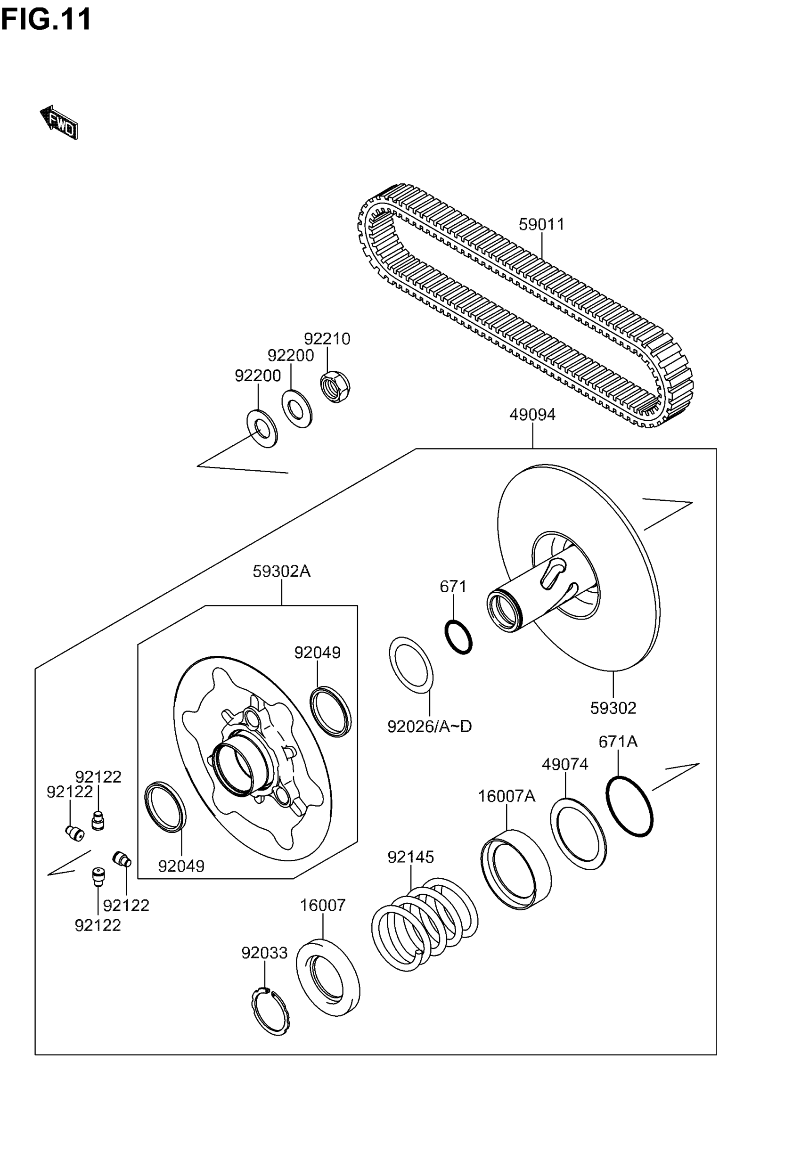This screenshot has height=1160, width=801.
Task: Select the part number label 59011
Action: click(x=541, y=224)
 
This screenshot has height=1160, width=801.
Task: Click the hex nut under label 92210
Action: click(x=335, y=386)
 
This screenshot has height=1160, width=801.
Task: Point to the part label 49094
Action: click(x=532, y=415)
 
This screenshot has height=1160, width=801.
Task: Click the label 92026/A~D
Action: click(x=430, y=726)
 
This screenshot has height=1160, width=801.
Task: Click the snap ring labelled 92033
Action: click(x=270, y=1011)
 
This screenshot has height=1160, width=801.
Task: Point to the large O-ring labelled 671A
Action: click(x=629, y=806)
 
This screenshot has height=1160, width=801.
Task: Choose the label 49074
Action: click(x=564, y=764)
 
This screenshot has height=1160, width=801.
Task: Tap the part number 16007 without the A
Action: click(x=323, y=905)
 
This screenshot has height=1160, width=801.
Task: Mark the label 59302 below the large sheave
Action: click(x=613, y=708)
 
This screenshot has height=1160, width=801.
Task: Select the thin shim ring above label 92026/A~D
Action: click(x=411, y=665)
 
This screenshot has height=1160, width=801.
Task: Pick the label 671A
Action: click(x=618, y=742)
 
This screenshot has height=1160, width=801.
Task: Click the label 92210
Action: click(x=327, y=339)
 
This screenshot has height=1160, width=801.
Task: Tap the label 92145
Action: click(x=410, y=857)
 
